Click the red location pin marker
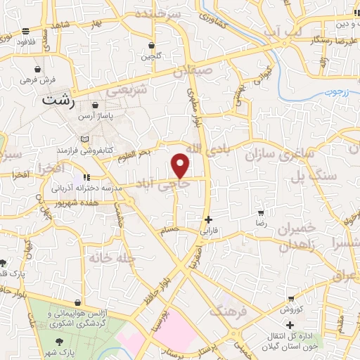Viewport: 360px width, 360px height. tap(181, 165)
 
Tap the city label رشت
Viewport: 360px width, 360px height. tap(58, 100)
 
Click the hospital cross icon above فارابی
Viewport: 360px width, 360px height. tap(207, 219)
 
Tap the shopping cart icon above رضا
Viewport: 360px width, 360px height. tap(261, 212)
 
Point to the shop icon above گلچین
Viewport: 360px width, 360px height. tap(150, 46)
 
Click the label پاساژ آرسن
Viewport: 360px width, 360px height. tap(94, 115)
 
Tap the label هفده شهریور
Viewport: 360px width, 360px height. tap(79, 205)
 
